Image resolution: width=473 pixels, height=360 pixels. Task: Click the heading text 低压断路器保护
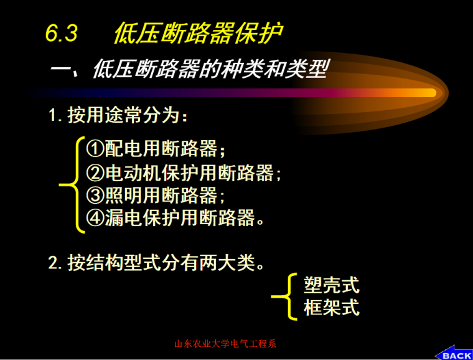pyautogui.click(x=197, y=33)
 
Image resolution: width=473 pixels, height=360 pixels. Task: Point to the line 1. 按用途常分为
pyautogui.click(x=118, y=116)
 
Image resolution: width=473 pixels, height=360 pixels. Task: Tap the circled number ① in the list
pyautogui.click(x=95, y=148)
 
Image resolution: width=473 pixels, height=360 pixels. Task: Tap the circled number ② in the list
pyautogui.click(x=95, y=172)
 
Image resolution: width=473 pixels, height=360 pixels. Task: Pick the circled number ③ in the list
pyautogui.click(x=95, y=195)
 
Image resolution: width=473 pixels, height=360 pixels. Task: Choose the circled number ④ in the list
pyautogui.click(x=95, y=218)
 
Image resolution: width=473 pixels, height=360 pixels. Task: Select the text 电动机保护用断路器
pyautogui.click(x=190, y=172)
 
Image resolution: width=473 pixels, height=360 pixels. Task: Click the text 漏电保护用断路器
pyautogui.click(x=180, y=218)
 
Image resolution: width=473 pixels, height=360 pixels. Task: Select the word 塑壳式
pyautogui.click(x=331, y=285)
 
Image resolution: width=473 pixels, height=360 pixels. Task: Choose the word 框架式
pyautogui.click(x=331, y=308)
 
